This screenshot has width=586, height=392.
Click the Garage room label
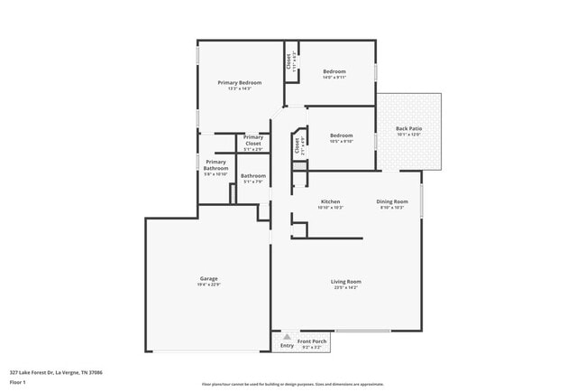pos(208,278)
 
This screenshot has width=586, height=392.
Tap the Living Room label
pos(347,281)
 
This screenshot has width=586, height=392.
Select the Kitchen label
pos(330,201)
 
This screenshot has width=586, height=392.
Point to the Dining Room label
pos(392,201)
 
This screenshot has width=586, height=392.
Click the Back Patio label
pos(409,128)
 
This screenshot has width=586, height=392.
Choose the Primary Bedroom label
pos(240,82)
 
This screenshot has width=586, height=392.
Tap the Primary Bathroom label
pos(215,165)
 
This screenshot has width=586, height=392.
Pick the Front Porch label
pos(311,341)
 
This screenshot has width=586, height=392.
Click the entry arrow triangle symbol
pos(288,337)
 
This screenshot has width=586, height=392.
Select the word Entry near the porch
pos(287,346)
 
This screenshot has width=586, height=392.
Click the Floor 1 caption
pos(18,382)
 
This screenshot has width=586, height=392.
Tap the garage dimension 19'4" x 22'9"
pos(208,285)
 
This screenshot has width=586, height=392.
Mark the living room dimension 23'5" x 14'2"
pos(347,287)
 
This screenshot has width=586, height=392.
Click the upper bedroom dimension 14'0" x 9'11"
pos(334,77)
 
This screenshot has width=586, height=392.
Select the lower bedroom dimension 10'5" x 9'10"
pos(341,141)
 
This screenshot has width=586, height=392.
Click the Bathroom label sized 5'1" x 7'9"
pos(252,175)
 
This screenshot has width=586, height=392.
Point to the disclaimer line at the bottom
pos(292,384)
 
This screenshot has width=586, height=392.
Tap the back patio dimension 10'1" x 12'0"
pos(409,135)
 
